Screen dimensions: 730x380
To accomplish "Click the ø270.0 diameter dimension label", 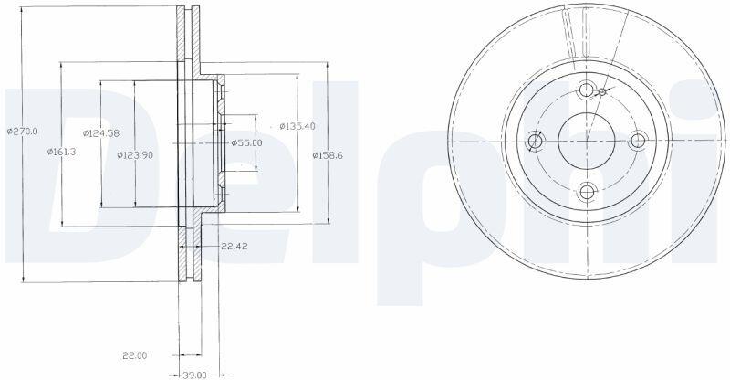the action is [22, 132].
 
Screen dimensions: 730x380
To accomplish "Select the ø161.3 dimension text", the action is [61, 152].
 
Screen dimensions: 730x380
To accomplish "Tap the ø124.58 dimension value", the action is [101, 133].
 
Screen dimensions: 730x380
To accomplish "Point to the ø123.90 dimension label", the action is [135, 155].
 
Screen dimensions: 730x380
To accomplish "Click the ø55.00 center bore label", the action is [246, 142].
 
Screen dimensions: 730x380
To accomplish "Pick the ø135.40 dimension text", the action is [297, 126].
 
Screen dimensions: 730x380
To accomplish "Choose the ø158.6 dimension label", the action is [328, 155].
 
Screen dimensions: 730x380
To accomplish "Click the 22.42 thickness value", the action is [235, 247].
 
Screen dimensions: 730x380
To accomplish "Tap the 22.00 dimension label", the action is [134, 355].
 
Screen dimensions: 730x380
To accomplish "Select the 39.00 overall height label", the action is [194, 375].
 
